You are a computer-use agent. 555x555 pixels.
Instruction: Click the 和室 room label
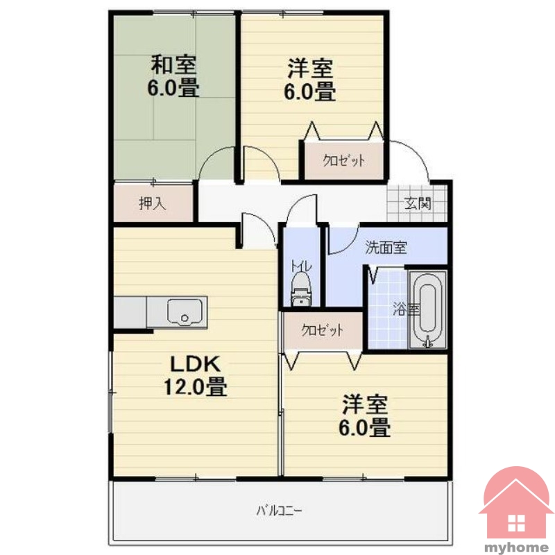[173, 65]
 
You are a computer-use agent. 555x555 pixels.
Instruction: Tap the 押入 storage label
[152, 203]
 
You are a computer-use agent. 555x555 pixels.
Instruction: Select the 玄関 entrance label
[418, 203]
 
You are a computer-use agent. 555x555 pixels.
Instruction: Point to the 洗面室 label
[386, 248]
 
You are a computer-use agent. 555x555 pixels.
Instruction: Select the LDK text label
[196, 364]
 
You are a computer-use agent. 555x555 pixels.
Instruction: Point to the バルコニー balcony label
[279, 511]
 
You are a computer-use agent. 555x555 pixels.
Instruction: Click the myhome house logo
[516, 507]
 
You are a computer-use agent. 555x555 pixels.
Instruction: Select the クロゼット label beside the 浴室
[322, 330]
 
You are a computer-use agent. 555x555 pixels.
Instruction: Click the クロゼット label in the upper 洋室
[343, 161]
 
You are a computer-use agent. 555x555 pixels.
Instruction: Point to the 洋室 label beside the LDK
[365, 405]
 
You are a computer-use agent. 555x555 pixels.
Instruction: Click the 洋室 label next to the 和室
[310, 69]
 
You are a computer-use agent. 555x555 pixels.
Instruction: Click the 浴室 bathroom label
[407, 309]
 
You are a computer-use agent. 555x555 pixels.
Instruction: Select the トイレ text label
[301, 266]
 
